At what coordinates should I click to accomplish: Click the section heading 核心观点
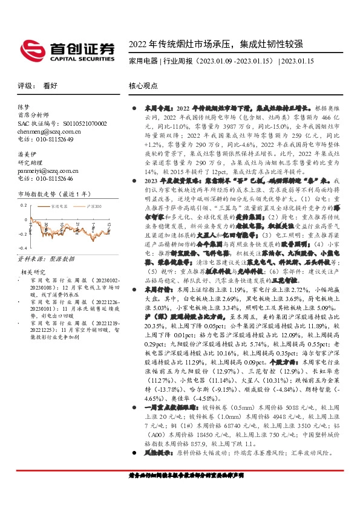coord(143,86)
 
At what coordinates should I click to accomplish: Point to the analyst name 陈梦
coord(24,106)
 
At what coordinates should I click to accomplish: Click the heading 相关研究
coord(33,272)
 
